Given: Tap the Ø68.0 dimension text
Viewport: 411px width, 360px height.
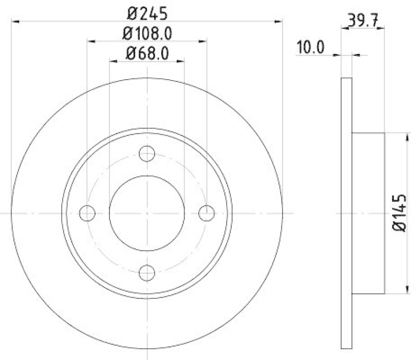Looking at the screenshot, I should point(147,53).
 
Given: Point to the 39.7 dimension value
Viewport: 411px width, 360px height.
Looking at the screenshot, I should point(363,21).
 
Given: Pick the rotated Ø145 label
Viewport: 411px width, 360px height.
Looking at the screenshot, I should point(400,213).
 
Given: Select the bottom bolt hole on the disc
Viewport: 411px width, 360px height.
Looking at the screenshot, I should point(147,272).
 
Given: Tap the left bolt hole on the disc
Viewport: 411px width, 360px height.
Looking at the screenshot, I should point(88,213).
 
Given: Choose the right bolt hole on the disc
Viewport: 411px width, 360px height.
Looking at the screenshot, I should point(207,213).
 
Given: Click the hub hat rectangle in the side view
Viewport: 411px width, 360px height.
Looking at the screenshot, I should point(368,213).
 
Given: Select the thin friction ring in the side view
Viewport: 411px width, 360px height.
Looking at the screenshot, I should point(346,213).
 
